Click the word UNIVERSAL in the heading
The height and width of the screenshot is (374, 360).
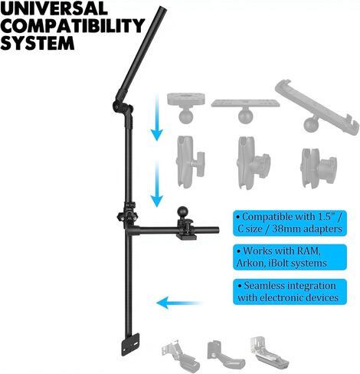pos(54,8)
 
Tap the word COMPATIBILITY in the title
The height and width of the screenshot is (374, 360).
pos(73,25)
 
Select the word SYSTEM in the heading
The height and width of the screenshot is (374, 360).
pos(38,42)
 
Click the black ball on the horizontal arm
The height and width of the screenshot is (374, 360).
pos(182,212)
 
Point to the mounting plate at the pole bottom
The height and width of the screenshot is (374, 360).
pos(130,344)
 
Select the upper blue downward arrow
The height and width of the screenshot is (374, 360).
pos(157,117)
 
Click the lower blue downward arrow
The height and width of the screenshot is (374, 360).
pos(156,183)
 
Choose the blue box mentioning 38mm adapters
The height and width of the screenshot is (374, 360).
pos(290,223)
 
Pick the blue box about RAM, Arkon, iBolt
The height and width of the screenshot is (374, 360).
pos(290,258)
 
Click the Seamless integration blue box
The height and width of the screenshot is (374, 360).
pos(290,292)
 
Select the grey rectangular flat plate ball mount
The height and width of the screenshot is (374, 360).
pos(245,110)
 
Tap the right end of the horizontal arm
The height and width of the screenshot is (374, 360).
pos(218,230)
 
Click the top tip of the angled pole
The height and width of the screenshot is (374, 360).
pos(162,8)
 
